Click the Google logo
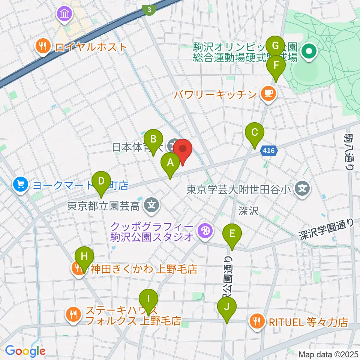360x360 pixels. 25,351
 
